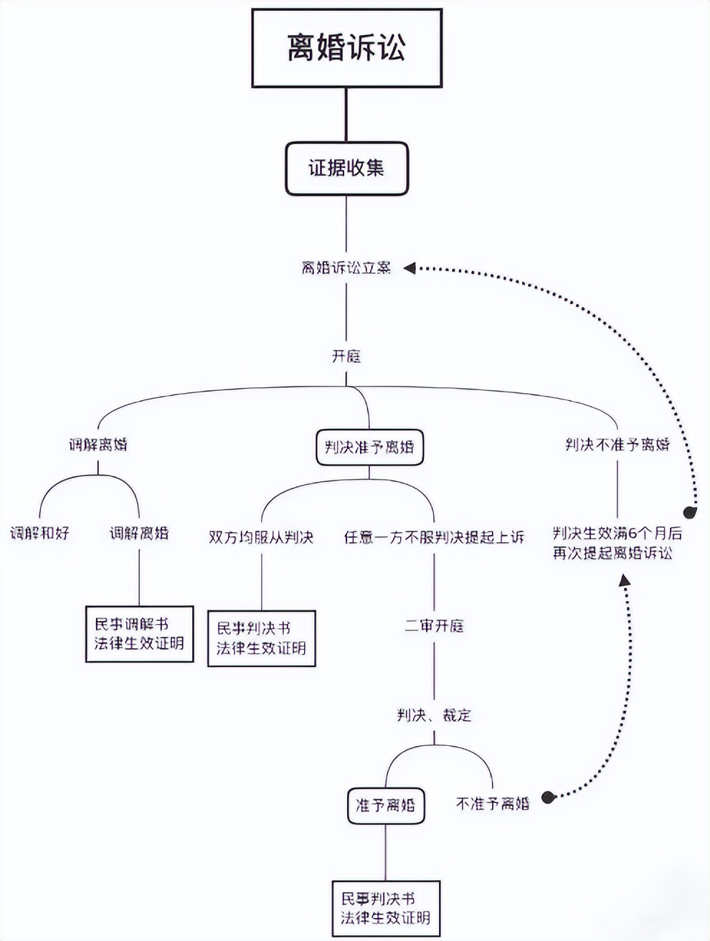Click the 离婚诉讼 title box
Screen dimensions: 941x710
pyautogui.click(x=346, y=48)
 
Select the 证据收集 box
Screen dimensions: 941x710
pyautogui.click(x=346, y=169)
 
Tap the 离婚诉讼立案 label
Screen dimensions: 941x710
pyautogui.click(x=346, y=268)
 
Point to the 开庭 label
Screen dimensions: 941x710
pyautogui.click(x=346, y=356)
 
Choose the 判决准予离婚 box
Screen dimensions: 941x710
pyautogui.click(x=369, y=448)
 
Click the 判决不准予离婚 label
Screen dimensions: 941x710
pyautogui.click(x=617, y=445)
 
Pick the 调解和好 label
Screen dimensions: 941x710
pyautogui.click(x=39, y=534)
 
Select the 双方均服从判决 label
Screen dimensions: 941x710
pyautogui.click(x=261, y=537)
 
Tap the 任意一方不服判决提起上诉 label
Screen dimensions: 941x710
pyautogui.click(x=434, y=537)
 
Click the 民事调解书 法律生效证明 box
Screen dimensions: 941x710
pyautogui.click(x=139, y=633)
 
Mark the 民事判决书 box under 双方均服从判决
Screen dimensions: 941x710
pyautogui.click(x=261, y=638)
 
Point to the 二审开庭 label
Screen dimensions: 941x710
pyautogui.click(x=434, y=626)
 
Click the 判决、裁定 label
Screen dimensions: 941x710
pyautogui.click(x=434, y=715)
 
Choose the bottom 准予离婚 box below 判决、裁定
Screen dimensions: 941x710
pyautogui.click(x=385, y=805)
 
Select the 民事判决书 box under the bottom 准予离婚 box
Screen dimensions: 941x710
pyautogui.click(x=385, y=908)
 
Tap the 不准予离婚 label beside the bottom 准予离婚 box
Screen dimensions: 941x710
pyautogui.click(x=493, y=804)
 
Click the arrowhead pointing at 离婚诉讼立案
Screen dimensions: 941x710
pyautogui.click(x=410, y=268)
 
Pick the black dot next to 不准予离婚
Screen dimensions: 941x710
pyautogui.click(x=548, y=798)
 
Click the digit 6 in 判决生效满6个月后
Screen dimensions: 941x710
pyautogui.click(x=633, y=534)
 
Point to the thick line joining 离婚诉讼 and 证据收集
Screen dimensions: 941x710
pyautogui.click(x=346, y=115)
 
